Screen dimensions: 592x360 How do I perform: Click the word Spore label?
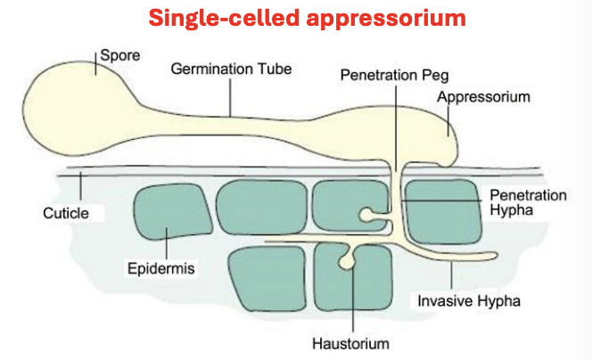pos(120,56)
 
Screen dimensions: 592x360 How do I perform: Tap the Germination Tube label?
pos(231,69)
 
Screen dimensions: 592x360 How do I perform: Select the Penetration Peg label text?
pos(395,76)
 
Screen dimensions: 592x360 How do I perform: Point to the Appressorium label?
pos(483,97)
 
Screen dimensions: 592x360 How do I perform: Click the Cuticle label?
pos(66,213)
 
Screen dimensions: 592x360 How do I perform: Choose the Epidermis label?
pos(160,269)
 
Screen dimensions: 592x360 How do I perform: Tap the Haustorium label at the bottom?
pos(350,344)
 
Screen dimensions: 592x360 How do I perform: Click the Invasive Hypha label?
pos(469,301)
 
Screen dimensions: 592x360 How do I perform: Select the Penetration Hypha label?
pos(528,202)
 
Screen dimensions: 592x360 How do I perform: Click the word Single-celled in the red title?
pos(224,18)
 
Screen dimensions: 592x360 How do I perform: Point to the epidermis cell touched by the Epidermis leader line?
pos(173,211)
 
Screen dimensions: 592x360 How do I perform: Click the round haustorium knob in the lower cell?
pos(346,262)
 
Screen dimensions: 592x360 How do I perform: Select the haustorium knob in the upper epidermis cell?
pos(366,216)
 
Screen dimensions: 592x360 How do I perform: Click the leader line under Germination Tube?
pos(230,97)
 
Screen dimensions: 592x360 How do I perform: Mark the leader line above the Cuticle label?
pos(80,186)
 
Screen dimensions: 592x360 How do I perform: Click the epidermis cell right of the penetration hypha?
pos(442,211)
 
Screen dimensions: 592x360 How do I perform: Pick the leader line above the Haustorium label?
pos(353,299)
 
